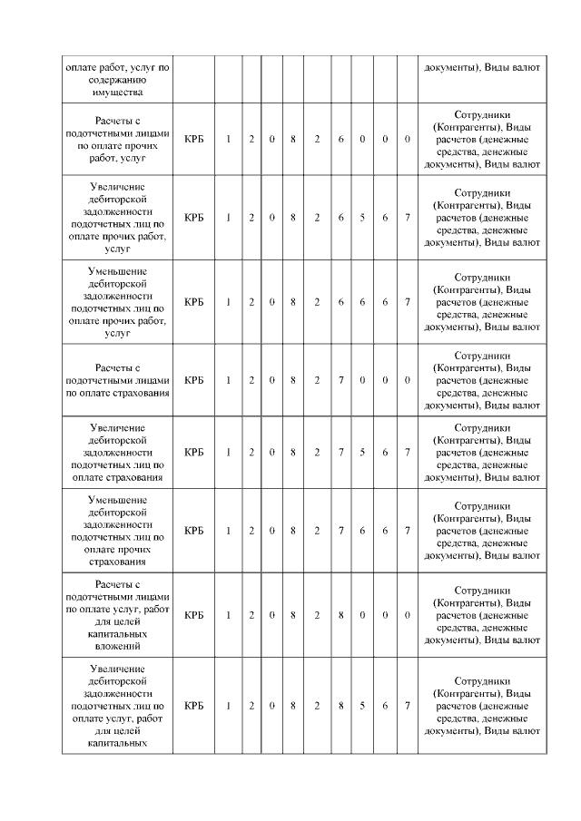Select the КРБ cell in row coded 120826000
click(x=193, y=139)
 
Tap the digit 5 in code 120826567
click(x=362, y=218)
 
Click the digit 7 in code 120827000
click(x=340, y=380)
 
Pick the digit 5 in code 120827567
click(x=362, y=452)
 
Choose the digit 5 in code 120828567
click(x=362, y=705)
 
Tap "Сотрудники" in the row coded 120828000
click(x=482, y=590)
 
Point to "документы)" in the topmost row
click(x=453, y=67)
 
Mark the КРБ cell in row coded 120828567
click(x=193, y=705)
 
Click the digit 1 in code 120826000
click(x=229, y=139)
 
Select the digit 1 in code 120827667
click(x=229, y=531)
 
